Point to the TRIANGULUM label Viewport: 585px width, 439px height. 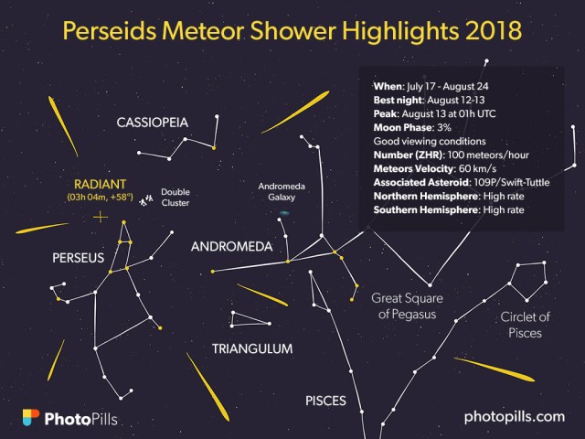(252, 348)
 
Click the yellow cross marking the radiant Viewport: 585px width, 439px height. (99, 217)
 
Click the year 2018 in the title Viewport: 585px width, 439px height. (489, 30)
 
